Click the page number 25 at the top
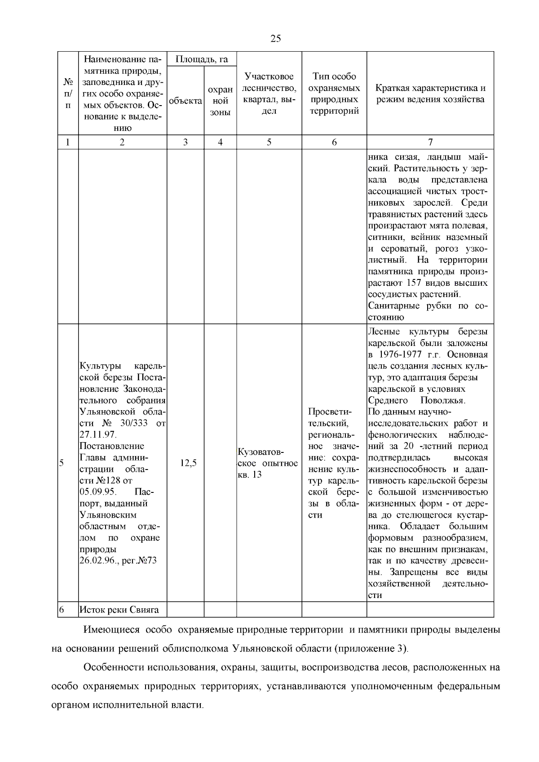(x=276, y=38)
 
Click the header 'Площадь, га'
(x=202, y=59)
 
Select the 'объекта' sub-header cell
(x=186, y=101)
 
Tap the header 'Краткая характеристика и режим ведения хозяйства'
(x=430, y=93)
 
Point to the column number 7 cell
(x=430, y=142)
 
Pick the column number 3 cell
(x=186, y=142)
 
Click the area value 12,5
(x=188, y=463)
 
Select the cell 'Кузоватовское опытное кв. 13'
(x=268, y=463)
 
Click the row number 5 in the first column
(x=62, y=463)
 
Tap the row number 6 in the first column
(x=62, y=610)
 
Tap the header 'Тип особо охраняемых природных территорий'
(x=334, y=93)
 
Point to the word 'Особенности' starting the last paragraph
(x=112, y=667)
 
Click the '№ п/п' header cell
(x=68, y=93)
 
